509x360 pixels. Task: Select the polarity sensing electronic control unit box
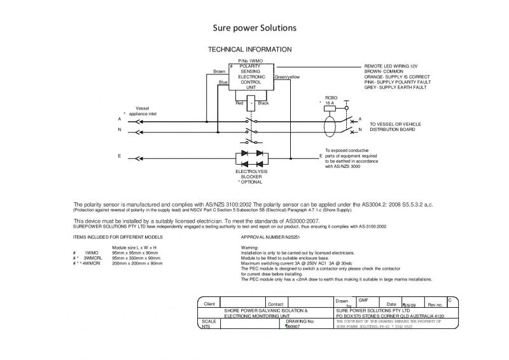tap(251, 79)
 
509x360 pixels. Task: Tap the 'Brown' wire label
tap(219, 72)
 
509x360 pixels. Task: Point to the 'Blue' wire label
tap(223, 82)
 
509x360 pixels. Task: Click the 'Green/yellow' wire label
tap(287, 77)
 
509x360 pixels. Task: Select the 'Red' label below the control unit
tap(239, 103)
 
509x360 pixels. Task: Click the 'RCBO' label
tap(330, 97)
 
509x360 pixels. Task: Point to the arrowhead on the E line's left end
tap(132, 156)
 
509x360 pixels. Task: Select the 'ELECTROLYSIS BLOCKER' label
tap(251, 174)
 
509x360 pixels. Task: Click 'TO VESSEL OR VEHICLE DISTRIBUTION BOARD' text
tap(400, 126)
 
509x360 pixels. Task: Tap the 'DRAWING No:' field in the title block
tap(301, 322)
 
